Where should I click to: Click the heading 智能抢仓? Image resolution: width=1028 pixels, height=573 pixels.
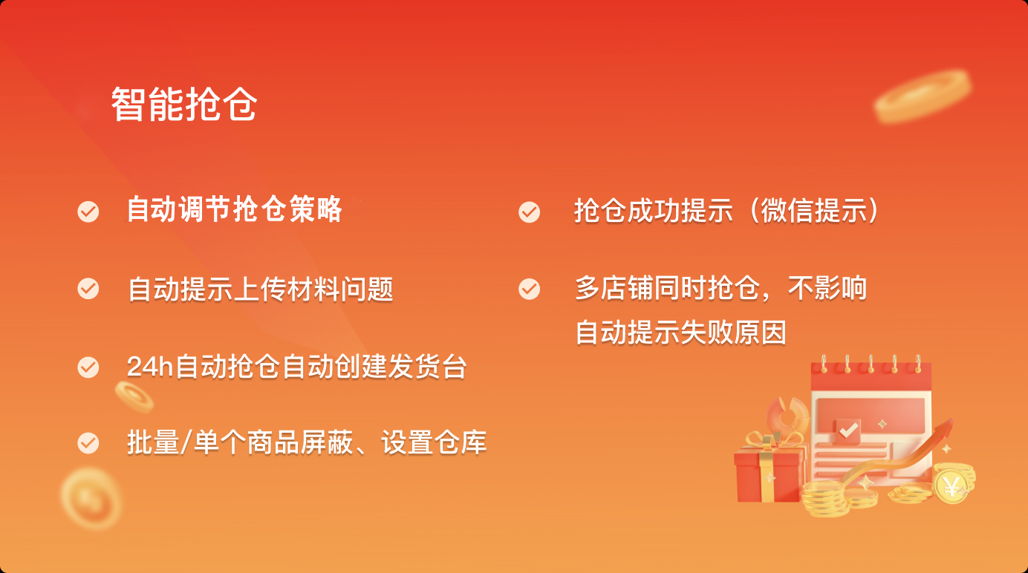coord(184,105)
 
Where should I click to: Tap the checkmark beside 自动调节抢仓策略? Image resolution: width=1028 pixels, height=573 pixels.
coord(88,212)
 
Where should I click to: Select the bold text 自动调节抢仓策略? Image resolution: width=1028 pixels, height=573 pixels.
coord(235,210)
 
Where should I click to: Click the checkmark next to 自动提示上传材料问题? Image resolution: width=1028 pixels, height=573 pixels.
coord(88,288)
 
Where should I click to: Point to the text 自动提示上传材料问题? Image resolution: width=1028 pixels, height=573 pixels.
coord(260,289)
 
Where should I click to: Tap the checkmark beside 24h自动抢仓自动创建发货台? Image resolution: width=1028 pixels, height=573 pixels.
coord(88,367)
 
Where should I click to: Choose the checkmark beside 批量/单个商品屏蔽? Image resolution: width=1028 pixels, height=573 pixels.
coord(88,442)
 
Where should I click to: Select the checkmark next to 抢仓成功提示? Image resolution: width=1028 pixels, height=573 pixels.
coord(529,212)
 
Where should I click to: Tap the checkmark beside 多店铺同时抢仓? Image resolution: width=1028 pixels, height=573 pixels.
coord(529,289)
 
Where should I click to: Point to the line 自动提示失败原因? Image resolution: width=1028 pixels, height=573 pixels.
coord(680,333)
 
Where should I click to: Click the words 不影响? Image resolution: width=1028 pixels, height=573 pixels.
coord(827,288)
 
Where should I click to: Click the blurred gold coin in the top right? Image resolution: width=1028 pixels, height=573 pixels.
coord(923,95)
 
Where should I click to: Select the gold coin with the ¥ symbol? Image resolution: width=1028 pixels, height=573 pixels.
coord(951,487)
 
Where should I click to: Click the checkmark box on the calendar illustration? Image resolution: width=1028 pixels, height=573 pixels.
coord(848,430)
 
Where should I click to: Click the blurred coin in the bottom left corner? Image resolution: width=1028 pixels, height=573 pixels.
coord(91,499)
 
